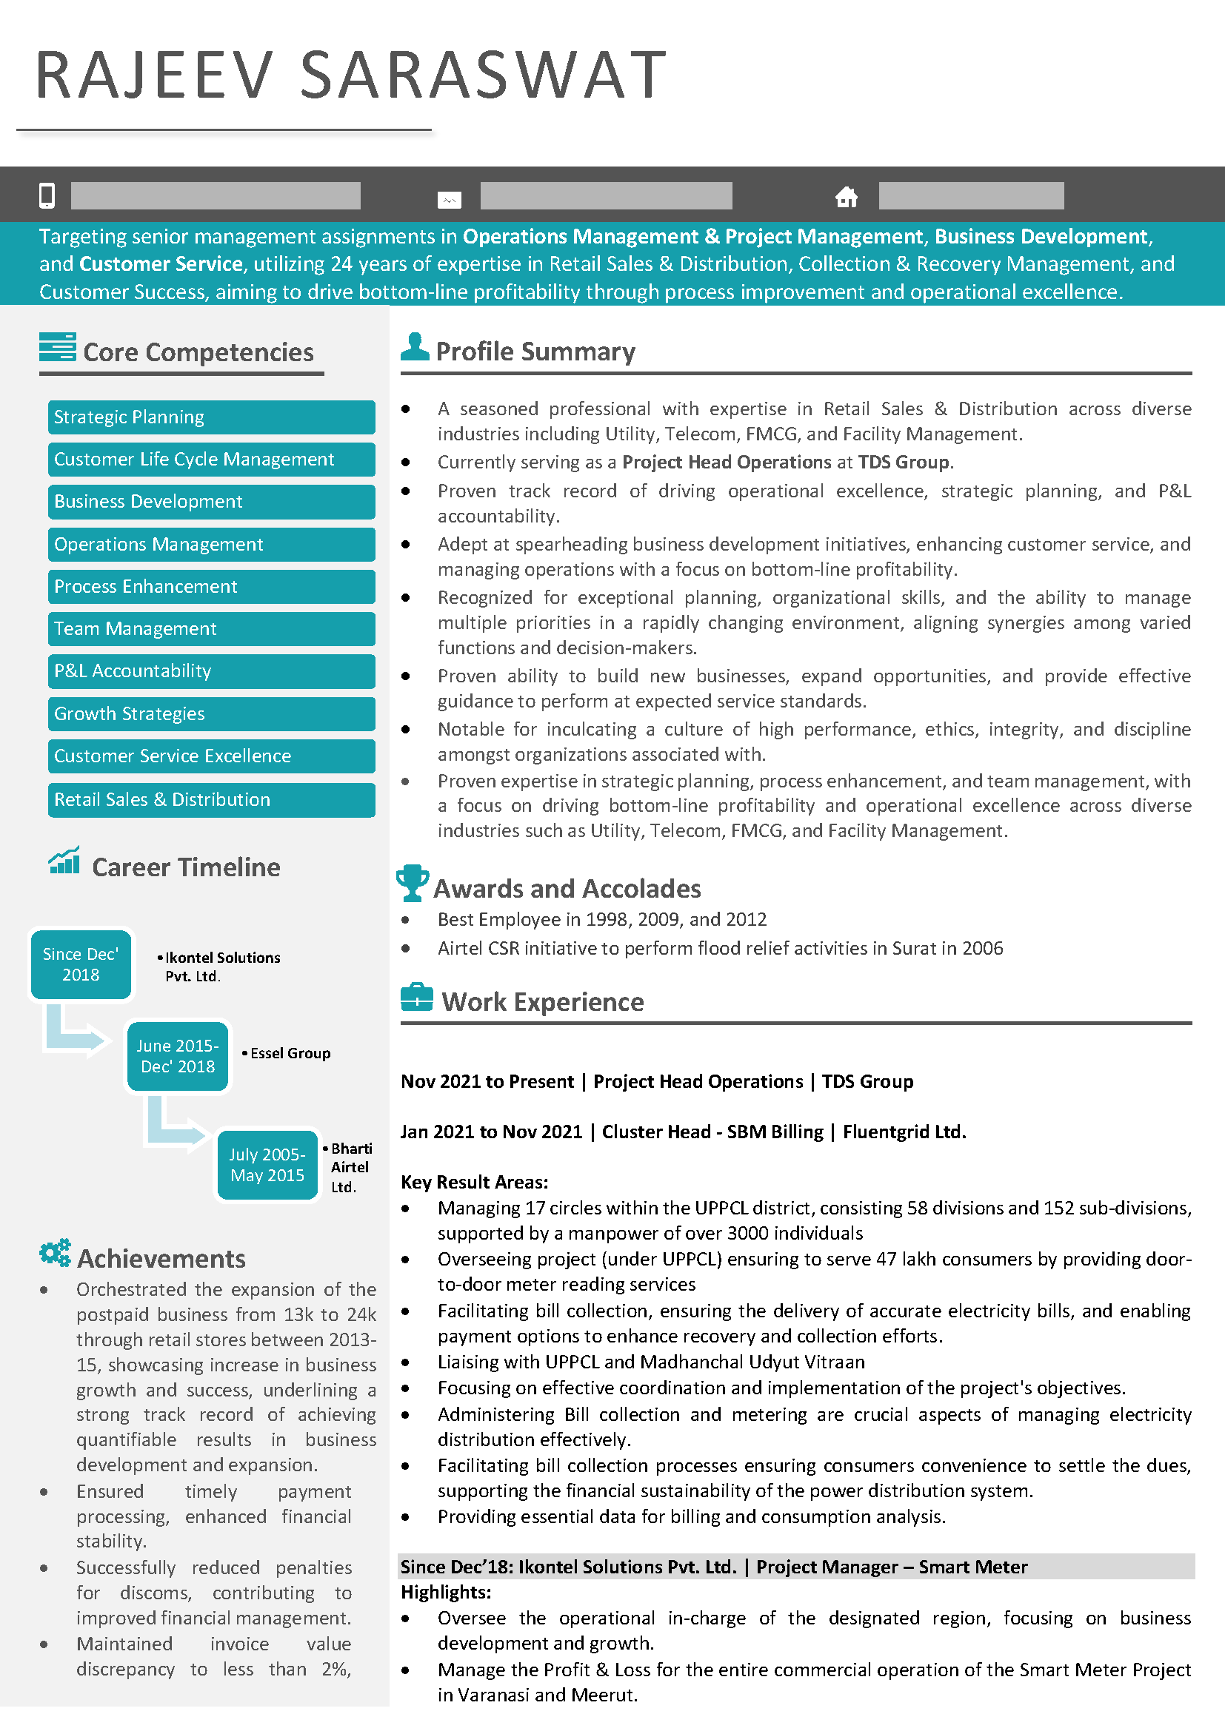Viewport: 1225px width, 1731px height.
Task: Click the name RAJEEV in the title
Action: click(154, 75)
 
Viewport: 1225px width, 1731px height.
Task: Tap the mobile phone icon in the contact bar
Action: click(47, 195)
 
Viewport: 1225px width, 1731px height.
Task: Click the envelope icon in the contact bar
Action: click(449, 200)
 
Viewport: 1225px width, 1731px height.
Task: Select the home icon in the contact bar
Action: click(847, 197)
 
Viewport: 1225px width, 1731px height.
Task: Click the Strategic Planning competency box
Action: click(211, 417)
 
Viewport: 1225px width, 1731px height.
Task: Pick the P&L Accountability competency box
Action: click(211, 671)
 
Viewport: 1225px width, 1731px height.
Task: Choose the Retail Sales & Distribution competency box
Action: click(211, 800)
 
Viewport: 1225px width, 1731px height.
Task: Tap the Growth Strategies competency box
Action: click(211, 714)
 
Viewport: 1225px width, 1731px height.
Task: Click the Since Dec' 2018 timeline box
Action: click(81, 964)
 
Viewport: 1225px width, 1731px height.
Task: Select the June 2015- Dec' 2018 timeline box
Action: click(177, 1056)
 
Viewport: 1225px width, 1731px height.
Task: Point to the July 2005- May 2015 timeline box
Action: click(268, 1165)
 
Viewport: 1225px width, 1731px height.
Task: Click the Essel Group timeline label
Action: click(290, 1053)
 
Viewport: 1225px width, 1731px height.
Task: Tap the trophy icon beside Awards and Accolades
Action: click(412, 883)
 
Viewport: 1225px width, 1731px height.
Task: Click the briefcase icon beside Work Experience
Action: click(416, 998)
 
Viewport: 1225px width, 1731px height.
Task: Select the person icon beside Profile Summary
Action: click(415, 347)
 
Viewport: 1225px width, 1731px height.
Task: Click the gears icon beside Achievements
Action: click(55, 1253)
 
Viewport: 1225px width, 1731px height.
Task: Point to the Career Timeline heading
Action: click(186, 868)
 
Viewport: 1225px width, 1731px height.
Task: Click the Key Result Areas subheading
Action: click(475, 1182)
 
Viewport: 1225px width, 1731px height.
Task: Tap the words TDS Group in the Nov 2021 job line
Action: click(867, 1082)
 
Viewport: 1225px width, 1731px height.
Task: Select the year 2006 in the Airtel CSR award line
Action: click(982, 949)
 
